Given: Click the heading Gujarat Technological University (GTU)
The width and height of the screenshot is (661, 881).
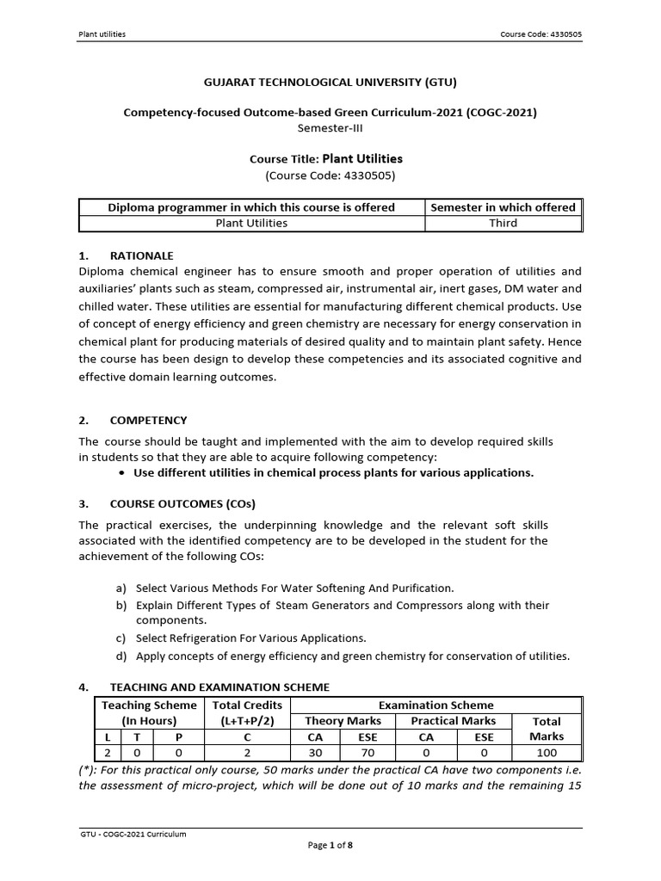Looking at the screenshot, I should pos(330,83).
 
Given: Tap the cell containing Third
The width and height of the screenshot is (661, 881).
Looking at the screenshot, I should pos(503,223).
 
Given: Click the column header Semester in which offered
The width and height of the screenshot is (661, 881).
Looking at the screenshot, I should pos(503,207).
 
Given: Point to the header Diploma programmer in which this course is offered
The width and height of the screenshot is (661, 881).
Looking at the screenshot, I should pos(251,207).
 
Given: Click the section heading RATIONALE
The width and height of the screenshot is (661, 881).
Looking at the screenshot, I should pos(141,256).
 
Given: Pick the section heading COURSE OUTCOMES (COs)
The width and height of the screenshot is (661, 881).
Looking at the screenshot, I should pos(182,503).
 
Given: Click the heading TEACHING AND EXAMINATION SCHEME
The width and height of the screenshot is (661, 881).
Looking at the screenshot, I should pos(219,687).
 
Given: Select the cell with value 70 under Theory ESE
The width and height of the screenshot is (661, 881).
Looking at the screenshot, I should pos(373,752).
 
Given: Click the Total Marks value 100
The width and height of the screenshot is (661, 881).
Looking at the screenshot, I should pos(547,752).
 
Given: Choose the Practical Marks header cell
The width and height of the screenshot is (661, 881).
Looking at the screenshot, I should pos(454,721).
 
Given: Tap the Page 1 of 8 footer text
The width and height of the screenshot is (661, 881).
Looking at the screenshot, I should pos(330,845).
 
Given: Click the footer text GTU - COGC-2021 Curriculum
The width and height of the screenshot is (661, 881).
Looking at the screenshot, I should pos(133,834).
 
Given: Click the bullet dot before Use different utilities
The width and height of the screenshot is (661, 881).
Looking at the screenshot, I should pos(125,473).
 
